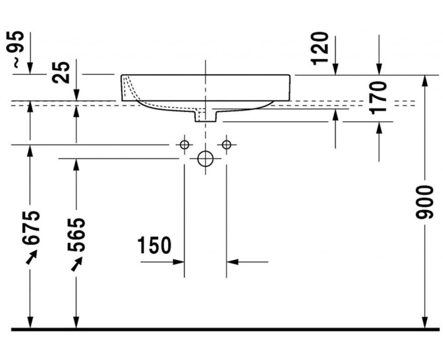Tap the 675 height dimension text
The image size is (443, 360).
point(31,228)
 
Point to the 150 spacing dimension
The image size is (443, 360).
point(154,245)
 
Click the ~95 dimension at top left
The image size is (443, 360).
point(18,49)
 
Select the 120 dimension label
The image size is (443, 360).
point(321,48)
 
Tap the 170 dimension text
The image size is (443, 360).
point(378,97)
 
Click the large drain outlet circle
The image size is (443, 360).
point(205,159)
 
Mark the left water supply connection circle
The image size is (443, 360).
point(184,145)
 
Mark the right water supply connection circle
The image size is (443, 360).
point(226,145)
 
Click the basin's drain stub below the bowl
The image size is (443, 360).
point(205,115)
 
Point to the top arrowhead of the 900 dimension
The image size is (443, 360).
point(424,80)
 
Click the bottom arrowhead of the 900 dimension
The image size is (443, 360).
point(424,324)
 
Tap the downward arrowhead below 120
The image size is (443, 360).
point(336,69)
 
